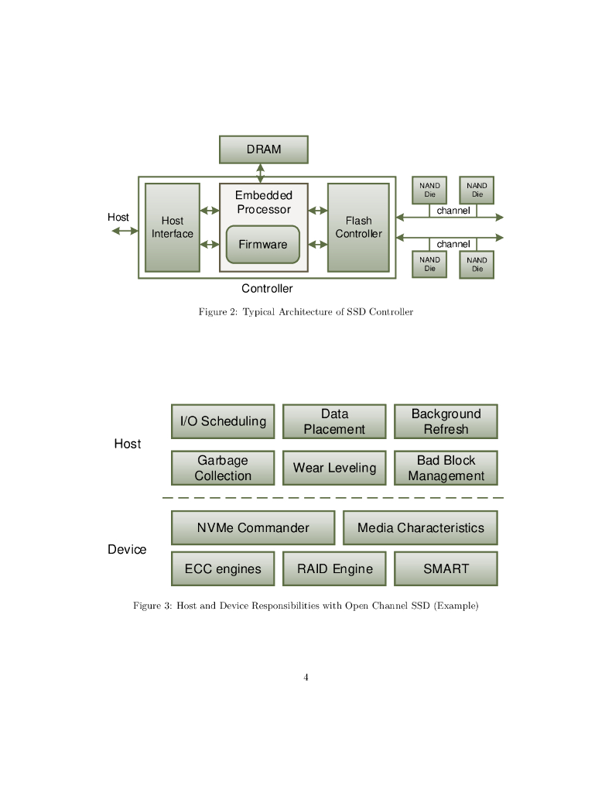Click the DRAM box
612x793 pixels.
(x=263, y=149)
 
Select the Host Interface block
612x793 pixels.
(x=173, y=228)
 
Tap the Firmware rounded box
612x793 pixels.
(x=262, y=245)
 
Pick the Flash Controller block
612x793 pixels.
(x=358, y=228)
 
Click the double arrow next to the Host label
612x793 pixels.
(x=125, y=230)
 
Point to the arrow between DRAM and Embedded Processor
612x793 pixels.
(x=261, y=173)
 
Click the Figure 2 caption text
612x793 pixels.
(x=306, y=312)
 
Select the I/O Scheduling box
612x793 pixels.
(x=223, y=421)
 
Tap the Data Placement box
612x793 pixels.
(x=334, y=421)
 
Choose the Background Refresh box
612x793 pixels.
(x=446, y=421)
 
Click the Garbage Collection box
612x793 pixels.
(x=223, y=468)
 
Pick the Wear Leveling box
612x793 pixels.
(x=334, y=468)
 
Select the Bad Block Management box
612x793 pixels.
(x=446, y=468)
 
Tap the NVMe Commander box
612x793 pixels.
(x=253, y=528)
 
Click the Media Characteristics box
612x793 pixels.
(x=420, y=528)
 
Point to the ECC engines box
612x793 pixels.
(x=223, y=568)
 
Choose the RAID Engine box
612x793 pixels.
(x=334, y=568)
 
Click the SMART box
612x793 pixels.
(x=446, y=568)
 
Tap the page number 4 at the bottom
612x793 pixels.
(x=306, y=678)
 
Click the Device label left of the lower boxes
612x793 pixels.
(x=127, y=550)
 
